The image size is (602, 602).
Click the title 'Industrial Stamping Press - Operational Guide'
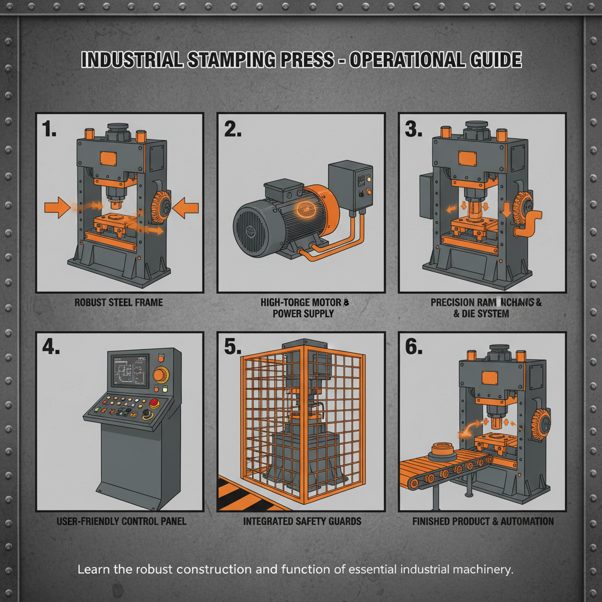tap(300, 61)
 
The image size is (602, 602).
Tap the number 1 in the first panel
tap(49, 129)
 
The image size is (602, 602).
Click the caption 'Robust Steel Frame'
tap(119, 303)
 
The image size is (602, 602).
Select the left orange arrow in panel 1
tap(57, 207)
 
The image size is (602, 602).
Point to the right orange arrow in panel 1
tap(188, 207)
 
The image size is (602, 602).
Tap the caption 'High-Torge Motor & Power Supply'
tap(304, 308)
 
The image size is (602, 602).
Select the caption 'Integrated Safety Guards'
tap(302, 521)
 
